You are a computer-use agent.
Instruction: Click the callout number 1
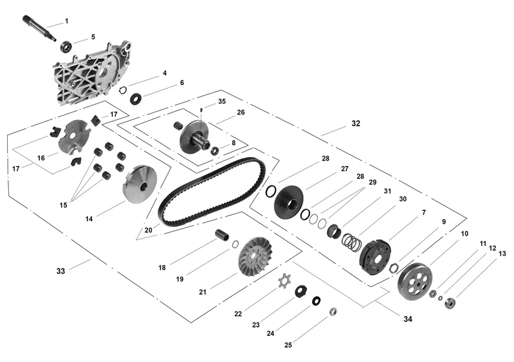pyautogui.click(x=66, y=21)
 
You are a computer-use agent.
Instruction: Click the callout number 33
pyautogui.click(x=61, y=271)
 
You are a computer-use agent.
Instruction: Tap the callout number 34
pyautogui.click(x=408, y=319)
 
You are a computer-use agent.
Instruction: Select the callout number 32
pyautogui.click(x=355, y=124)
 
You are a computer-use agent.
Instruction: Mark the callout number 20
pyautogui.click(x=148, y=230)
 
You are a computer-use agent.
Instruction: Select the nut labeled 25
pyautogui.click(x=333, y=311)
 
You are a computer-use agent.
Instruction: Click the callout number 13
pyautogui.click(x=502, y=254)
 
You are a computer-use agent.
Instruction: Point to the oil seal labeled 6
pyautogui.click(x=136, y=98)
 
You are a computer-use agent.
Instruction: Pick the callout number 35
pyautogui.click(x=222, y=102)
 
